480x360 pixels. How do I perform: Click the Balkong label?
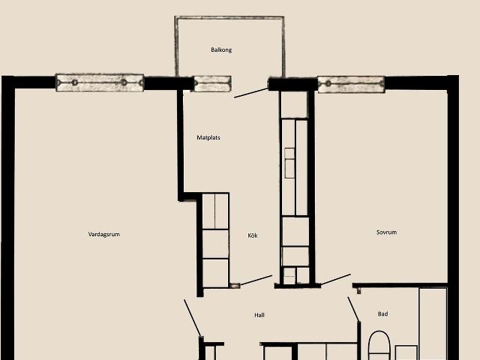[221, 50]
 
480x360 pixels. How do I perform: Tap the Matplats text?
[208, 138]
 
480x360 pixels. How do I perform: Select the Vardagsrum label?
[103, 235]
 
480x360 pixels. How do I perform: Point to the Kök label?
[253, 235]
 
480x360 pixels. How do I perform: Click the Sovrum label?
[386, 232]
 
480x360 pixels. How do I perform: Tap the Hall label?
[259, 315]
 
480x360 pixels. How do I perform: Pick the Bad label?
[382, 313]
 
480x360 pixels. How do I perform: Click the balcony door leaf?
[251, 93]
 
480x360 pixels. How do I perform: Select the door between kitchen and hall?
[256, 280]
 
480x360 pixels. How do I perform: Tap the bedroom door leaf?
[335, 280]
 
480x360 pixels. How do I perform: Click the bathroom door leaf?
[353, 309]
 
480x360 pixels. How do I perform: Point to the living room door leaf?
[192, 318]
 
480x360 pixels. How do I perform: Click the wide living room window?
[100, 82]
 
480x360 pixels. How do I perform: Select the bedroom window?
[351, 85]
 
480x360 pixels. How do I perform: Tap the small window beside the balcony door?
[212, 84]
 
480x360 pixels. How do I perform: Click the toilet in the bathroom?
[379, 346]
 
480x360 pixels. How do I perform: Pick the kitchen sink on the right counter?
[289, 163]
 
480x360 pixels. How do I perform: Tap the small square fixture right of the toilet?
[406, 352]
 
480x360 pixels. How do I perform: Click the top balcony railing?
[229, 18]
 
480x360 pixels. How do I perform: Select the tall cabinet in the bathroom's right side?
[433, 323]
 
